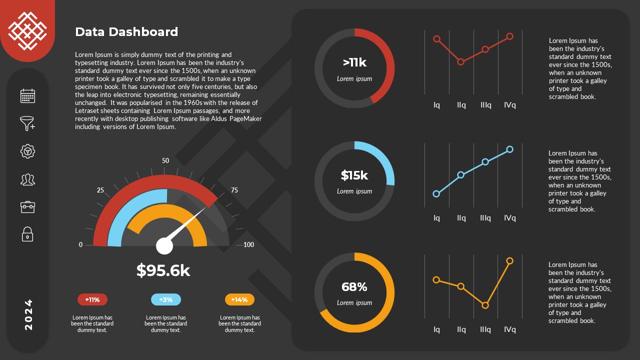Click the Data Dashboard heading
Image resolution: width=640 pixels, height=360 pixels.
tap(126, 32)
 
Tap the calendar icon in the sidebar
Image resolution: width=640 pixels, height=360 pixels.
tap(27, 96)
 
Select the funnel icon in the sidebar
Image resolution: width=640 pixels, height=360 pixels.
tap(27, 123)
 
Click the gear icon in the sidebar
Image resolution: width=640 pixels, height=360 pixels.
tap(27, 151)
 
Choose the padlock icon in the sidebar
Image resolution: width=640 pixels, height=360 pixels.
tap(27, 234)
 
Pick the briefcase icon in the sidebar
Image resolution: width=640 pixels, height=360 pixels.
tap(27, 206)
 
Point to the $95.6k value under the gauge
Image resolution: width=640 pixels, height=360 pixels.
tap(163, 270)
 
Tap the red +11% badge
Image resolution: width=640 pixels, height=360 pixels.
tap(92, 300)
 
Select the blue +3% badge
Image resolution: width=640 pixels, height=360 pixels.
tap(165, 300)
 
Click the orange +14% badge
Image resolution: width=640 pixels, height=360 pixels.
tap(239, 300)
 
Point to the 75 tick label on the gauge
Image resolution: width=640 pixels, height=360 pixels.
tap(234, 190)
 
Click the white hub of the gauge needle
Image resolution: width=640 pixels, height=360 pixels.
tap(164, 246)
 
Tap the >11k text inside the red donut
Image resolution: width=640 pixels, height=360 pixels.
tap(354, 62)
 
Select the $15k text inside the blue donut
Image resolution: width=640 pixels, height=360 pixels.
tap(354, 175)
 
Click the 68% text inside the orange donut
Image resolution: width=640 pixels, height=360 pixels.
tap(354, 287)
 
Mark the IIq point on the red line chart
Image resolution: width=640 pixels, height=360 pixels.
tap(461, 62)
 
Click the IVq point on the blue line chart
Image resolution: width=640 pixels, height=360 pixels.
tap(509, 149)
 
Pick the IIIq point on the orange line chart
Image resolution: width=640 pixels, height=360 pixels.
tap(485, 305)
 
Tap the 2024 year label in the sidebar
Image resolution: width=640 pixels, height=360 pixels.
tap(28, 314)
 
